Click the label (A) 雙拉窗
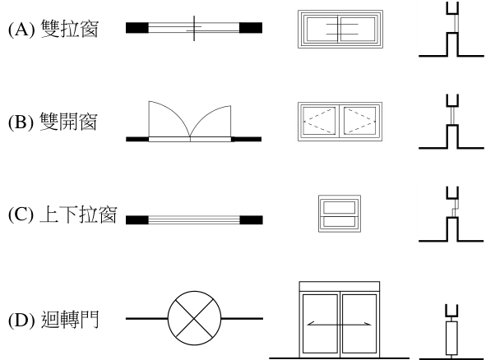click(53, 29)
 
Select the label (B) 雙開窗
click(53, 122)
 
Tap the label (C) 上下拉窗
click(62, 214)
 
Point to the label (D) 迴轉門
click(53, 320)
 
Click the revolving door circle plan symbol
click(194, 318)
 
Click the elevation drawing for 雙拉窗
click(340, 29)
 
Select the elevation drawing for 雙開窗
click(340, 122)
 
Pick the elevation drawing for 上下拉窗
click(340, 214)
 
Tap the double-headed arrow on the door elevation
click(340, 325)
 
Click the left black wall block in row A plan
click(137, 28)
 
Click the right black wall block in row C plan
click(252, 220)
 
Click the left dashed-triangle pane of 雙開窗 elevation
click(319, 121)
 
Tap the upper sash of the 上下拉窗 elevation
click(340, 208)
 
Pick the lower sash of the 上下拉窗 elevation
click(340, 222)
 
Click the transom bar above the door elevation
click(340, 287)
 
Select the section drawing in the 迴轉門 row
click(451, 331)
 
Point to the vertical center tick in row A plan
click(194, 28)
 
